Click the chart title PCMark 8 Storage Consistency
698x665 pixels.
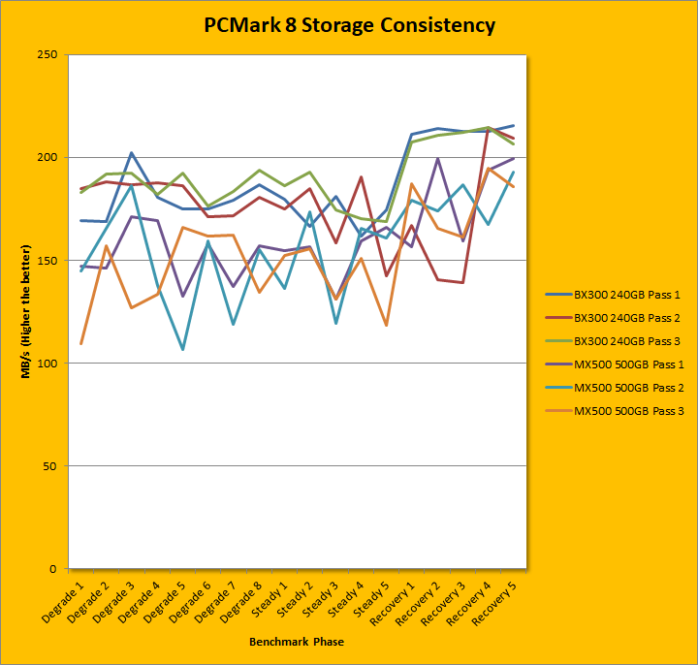coord(349,25)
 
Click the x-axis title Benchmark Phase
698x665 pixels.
coord(296,642)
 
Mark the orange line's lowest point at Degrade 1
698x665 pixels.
coord(80,344)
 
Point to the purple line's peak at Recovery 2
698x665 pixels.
coord(437,159)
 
